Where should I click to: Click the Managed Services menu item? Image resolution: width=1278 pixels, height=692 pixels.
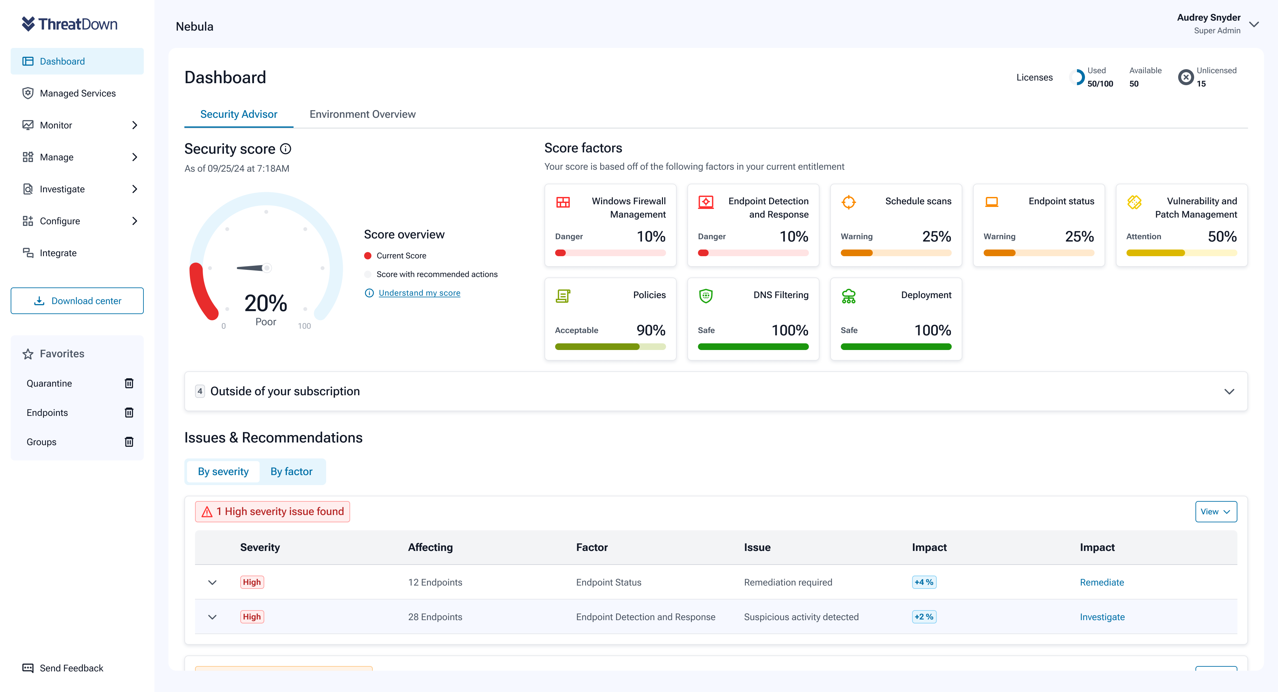coord(78,93)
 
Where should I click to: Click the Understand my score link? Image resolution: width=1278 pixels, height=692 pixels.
coord(419,293)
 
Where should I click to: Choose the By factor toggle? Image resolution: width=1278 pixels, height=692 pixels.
coord(291,471)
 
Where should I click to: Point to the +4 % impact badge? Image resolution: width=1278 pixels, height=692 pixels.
coord(924,582)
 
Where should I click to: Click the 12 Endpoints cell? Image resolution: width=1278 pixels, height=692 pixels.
coord(435,582)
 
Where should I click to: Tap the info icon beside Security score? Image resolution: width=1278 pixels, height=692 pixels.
coord(286,149)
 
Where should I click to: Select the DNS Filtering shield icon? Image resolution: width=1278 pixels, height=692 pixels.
coord(706,296)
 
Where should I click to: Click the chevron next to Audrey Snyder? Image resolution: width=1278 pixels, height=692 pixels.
coord(1254,24)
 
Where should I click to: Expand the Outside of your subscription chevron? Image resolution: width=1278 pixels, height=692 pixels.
coord(1229,391)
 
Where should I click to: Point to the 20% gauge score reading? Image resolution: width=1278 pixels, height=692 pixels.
coord(266,303)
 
